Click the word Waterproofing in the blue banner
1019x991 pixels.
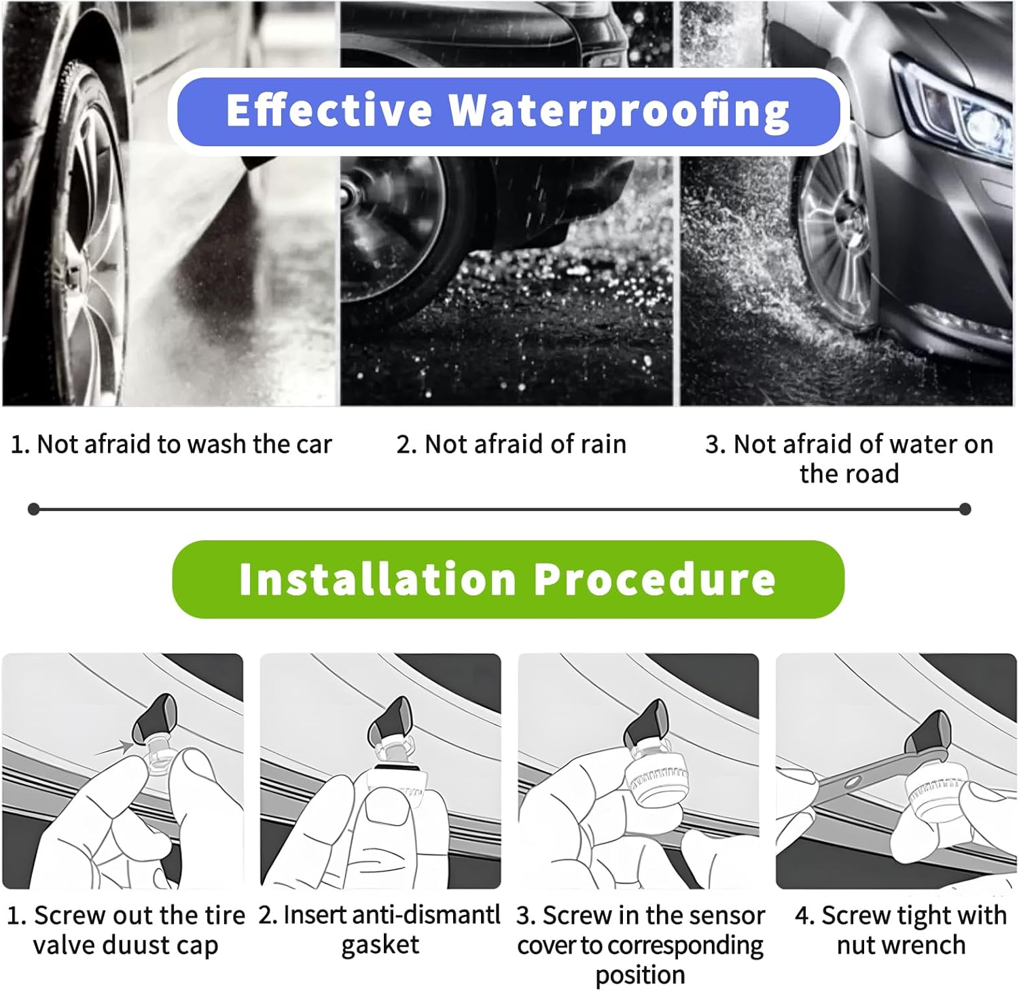tap(620, 111)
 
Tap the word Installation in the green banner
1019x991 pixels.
tap(378, 580)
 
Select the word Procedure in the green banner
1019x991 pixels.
tap(654, 580)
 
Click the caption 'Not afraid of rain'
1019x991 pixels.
tap(511, 444)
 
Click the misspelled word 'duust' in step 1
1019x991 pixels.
tap(126, 945)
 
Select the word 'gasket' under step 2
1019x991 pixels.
tap(380, 945)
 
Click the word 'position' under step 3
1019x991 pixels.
tap(640, 975)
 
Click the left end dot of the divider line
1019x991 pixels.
tap(33, 509)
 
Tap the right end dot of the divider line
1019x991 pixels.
tap(965, 509)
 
